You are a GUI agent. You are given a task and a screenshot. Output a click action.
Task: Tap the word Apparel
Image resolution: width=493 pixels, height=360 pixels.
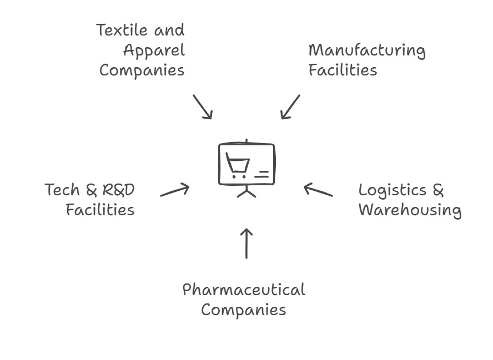click(x=154, y=50)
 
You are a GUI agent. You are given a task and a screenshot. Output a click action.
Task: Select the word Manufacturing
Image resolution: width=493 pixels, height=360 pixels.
click(x=367, y=50)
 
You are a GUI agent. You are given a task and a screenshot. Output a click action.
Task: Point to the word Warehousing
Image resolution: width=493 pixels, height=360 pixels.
click(x=410, y=211)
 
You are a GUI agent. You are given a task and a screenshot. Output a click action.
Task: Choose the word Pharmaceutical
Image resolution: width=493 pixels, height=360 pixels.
click(x=244, y=290)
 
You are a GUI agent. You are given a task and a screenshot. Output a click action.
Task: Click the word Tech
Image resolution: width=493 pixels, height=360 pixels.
click(x=62, y=190)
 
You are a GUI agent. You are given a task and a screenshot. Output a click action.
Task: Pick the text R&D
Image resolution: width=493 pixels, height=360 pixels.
click(x=118, y=190)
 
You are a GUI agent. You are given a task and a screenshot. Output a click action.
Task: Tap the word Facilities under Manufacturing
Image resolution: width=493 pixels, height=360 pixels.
click(x=343, y=70)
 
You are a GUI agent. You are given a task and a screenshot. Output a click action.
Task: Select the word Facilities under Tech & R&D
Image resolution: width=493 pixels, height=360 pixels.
click(x=100, y=210)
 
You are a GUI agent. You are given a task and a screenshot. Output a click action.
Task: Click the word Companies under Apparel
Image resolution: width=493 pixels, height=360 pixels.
click(x=142, y=70)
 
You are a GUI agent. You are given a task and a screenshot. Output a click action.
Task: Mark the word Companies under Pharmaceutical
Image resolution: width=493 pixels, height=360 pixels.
click(x=243, y=310)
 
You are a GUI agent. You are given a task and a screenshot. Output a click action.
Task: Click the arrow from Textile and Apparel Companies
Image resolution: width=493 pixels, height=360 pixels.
click(x=203, y=107)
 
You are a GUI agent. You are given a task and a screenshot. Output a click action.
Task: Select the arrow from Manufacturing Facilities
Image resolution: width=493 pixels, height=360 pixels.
click(x=290, y=107)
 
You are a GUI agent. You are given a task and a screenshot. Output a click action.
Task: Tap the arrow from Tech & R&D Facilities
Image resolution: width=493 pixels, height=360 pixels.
click(x=175, y=191)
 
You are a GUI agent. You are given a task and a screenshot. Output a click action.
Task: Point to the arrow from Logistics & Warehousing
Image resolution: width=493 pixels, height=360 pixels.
click(x=318, y=190)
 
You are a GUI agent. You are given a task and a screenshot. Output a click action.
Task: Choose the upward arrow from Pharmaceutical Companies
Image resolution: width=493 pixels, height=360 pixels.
click(x=247, y=243)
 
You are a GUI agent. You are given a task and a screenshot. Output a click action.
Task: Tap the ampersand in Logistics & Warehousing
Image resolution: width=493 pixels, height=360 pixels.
click(x=438, y=190)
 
